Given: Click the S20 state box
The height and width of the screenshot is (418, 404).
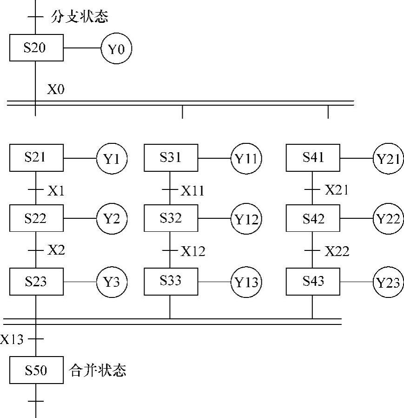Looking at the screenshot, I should (36, 48).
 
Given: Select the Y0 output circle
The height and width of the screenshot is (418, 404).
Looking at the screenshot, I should (116, 48).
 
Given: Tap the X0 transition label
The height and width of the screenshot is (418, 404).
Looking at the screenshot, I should (56, 89).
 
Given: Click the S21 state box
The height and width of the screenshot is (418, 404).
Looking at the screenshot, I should (36, 158).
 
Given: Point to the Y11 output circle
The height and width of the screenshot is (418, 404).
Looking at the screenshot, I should (246, 159).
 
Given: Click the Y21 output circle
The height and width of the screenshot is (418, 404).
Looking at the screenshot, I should (388, 159).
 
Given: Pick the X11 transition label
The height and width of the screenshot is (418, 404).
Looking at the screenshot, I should (192, 190).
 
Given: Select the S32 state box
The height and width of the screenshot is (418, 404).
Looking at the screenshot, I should (171, 218).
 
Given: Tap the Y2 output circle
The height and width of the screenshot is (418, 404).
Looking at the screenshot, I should (112, 219).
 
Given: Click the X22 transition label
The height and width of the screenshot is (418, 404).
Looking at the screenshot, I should (337, 251).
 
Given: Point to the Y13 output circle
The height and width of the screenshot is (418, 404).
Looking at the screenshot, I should (246, 282).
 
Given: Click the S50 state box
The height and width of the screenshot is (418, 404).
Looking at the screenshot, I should (36, 370).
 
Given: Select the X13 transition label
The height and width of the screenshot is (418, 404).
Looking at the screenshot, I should (12, 339).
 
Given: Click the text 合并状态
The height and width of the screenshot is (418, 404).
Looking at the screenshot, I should (98, 370).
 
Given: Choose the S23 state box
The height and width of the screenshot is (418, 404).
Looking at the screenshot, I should (36, 282).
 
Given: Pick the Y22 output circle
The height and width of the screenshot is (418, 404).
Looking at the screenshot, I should (388, 219).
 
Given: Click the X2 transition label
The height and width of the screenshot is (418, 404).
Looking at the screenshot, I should (56, 250).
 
